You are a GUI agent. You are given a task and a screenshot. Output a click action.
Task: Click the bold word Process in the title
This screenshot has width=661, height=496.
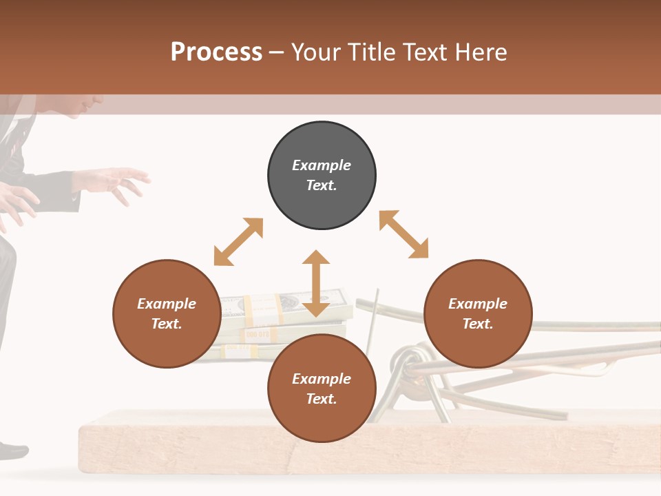tap(216, 52)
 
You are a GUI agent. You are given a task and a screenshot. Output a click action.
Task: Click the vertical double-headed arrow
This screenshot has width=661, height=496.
tap(316, 283)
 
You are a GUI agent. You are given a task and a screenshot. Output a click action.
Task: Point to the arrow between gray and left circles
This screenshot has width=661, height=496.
tap(238, 242)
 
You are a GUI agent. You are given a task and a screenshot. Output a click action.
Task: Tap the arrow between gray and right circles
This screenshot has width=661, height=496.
tap(403, 234)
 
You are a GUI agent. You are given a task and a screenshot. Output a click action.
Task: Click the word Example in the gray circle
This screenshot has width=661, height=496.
tap(322, 165)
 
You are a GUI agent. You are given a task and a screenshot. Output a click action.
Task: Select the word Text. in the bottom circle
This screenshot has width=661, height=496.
tap(322, 399)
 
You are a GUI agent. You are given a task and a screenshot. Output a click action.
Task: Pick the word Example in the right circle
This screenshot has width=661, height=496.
tap(478, 304)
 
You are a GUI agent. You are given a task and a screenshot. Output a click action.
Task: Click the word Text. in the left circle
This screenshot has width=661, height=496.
tap(167, 324)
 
